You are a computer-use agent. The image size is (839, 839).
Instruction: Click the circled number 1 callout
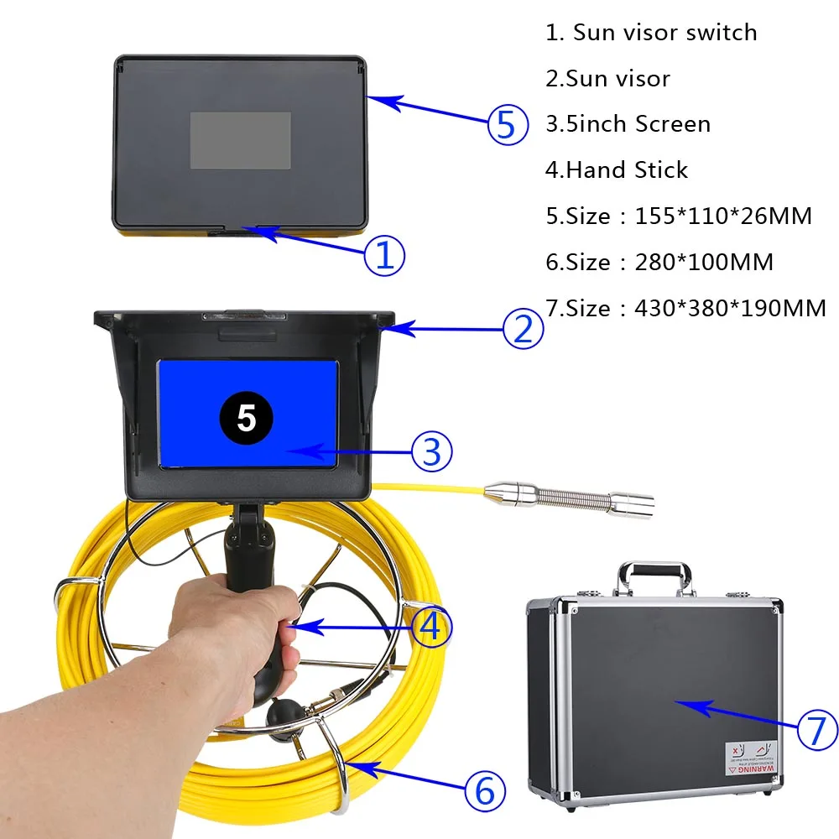[x=384, y=255]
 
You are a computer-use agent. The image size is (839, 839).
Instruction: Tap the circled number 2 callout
[x=523, y=329]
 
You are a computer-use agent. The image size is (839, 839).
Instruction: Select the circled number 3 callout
[x=431, y=451]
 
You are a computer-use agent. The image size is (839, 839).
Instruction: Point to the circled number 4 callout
[x=431, y=626]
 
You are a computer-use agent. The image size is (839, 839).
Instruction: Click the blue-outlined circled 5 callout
[x=508, y=125]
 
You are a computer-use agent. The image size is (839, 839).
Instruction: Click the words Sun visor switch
[x=664, y=33]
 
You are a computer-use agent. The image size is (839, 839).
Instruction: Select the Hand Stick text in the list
[x=627, y=170]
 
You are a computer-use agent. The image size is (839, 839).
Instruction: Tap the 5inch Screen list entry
[x=638, y=124]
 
